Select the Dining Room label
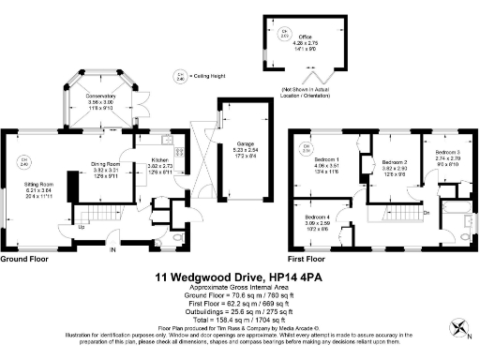(106, 164)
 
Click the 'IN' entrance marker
(112, 250)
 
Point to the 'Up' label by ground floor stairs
(81, 227)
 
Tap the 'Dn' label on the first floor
(426, 212)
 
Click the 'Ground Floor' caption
(24, 258)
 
